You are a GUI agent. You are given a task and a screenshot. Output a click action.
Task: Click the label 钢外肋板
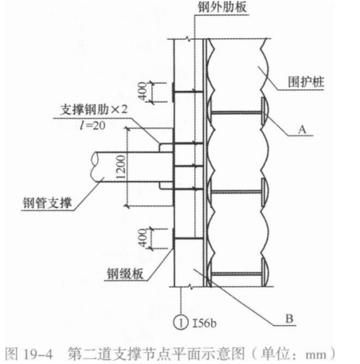coord(222,7)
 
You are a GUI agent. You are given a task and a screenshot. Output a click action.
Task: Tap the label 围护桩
coord(306,82)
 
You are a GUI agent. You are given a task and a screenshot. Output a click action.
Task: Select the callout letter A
coord(302,130)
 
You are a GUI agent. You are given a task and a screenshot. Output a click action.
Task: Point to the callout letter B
coord(289,319)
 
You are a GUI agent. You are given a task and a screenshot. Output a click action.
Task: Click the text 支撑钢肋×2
coord(94,110)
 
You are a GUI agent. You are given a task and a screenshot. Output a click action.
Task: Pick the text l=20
coord(92,125)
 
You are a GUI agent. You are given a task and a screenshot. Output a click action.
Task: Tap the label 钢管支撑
coord(47,203)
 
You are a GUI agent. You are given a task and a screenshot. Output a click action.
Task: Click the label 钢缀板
coord(125,274)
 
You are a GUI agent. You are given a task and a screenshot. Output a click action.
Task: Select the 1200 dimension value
coord(121,167)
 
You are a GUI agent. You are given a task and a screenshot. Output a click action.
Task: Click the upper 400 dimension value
coord(143,92)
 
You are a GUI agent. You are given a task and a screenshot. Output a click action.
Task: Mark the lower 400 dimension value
coord(143,238)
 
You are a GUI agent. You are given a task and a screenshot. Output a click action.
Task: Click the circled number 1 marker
coord(181,323)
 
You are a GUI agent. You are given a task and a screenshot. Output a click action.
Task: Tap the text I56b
coord(204,323)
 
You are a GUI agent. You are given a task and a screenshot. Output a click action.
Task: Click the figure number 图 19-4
coord(29,354)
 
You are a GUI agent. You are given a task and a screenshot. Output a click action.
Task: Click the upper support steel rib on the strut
coord(166,147)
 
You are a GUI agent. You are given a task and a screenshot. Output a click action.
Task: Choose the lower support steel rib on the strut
coord(166,186)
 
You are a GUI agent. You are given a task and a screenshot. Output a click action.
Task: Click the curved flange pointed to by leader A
coord(265,111)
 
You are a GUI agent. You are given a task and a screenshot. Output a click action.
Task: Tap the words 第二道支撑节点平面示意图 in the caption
coord(155,354)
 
